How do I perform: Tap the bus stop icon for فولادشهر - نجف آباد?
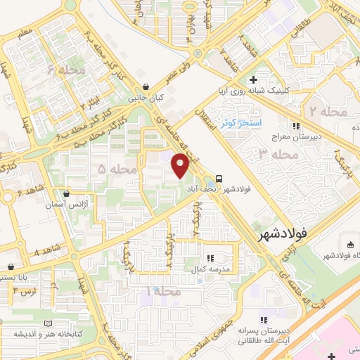(219, 178)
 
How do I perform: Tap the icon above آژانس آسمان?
(66, 193)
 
